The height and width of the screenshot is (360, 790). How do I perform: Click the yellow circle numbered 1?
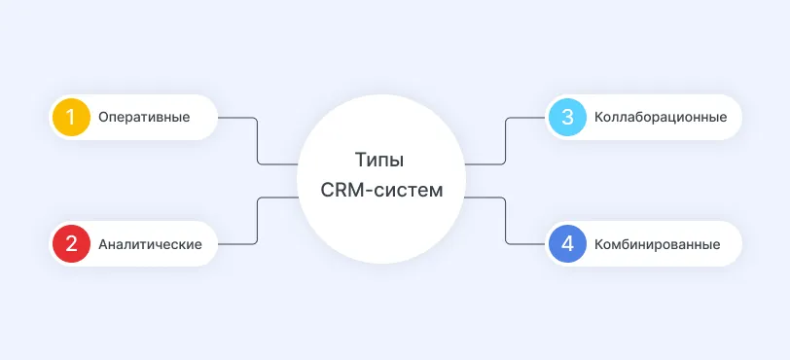pyautogui.click(x=70, y=118)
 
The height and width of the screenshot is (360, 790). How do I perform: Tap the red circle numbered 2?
pyautogui.click(x=70, y=244)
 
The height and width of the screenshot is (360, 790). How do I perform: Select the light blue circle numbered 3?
pyautogui.click(x=567, y=118)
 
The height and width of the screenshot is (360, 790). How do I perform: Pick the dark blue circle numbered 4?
pyautogui.click(x=567, y=244)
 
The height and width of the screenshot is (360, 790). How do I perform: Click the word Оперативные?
pyautogui.click(x=144, y=118)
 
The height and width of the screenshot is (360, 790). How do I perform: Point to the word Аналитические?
pyautogui.click(x=151, y=244)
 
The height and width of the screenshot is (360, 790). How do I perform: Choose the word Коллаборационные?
pyautogui.click(x=659, y=118)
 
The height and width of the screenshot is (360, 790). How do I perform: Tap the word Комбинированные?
pyautogui.click(x=657, y=244)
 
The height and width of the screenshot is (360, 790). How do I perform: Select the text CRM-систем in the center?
pyautogui.click(x=381, y=190)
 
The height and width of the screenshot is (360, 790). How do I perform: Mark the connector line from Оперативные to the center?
pyautogui.click(x=257, y=141)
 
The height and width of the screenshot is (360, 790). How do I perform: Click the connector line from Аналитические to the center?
pyautogui.click(x=257, y=220)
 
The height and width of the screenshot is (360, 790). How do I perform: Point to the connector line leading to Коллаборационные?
pyautogui.click(x=506, y=141)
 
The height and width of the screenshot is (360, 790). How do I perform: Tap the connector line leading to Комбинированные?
pyautogui.click(x=506, y=220)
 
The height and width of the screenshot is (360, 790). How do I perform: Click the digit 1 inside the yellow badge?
pyautogui.click(x=70, y=118)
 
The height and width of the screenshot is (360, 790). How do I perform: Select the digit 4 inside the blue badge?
pyautogui.click(x=567, y=244)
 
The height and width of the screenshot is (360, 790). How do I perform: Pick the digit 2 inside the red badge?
pyautogui.click(x=70, y=244)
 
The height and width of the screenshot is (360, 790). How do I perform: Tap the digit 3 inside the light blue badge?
pyautogui.click(x=567, y=118)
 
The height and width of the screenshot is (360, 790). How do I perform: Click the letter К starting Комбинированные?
pyautogui.click(x=597, y=244)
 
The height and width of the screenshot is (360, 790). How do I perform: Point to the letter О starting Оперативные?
pyautogui.click(x=103, y=118)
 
